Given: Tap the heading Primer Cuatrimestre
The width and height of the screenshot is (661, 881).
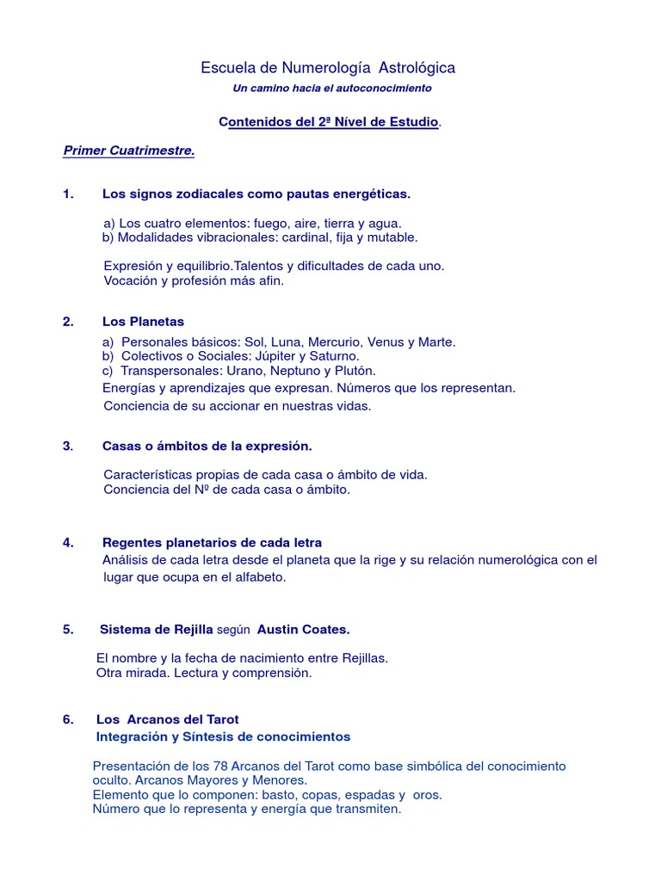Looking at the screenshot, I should [129, 151].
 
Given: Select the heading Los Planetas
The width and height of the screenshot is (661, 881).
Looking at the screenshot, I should [143, 322].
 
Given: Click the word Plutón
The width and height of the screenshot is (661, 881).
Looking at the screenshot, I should [354, 371].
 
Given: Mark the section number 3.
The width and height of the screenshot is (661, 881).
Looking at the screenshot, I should [68, 446].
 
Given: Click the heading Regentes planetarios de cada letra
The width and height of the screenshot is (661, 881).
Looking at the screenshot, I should [212, 542].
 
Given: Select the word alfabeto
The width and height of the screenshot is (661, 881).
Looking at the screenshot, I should [257, 576].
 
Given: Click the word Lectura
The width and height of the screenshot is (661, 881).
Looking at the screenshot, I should [199, 673].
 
